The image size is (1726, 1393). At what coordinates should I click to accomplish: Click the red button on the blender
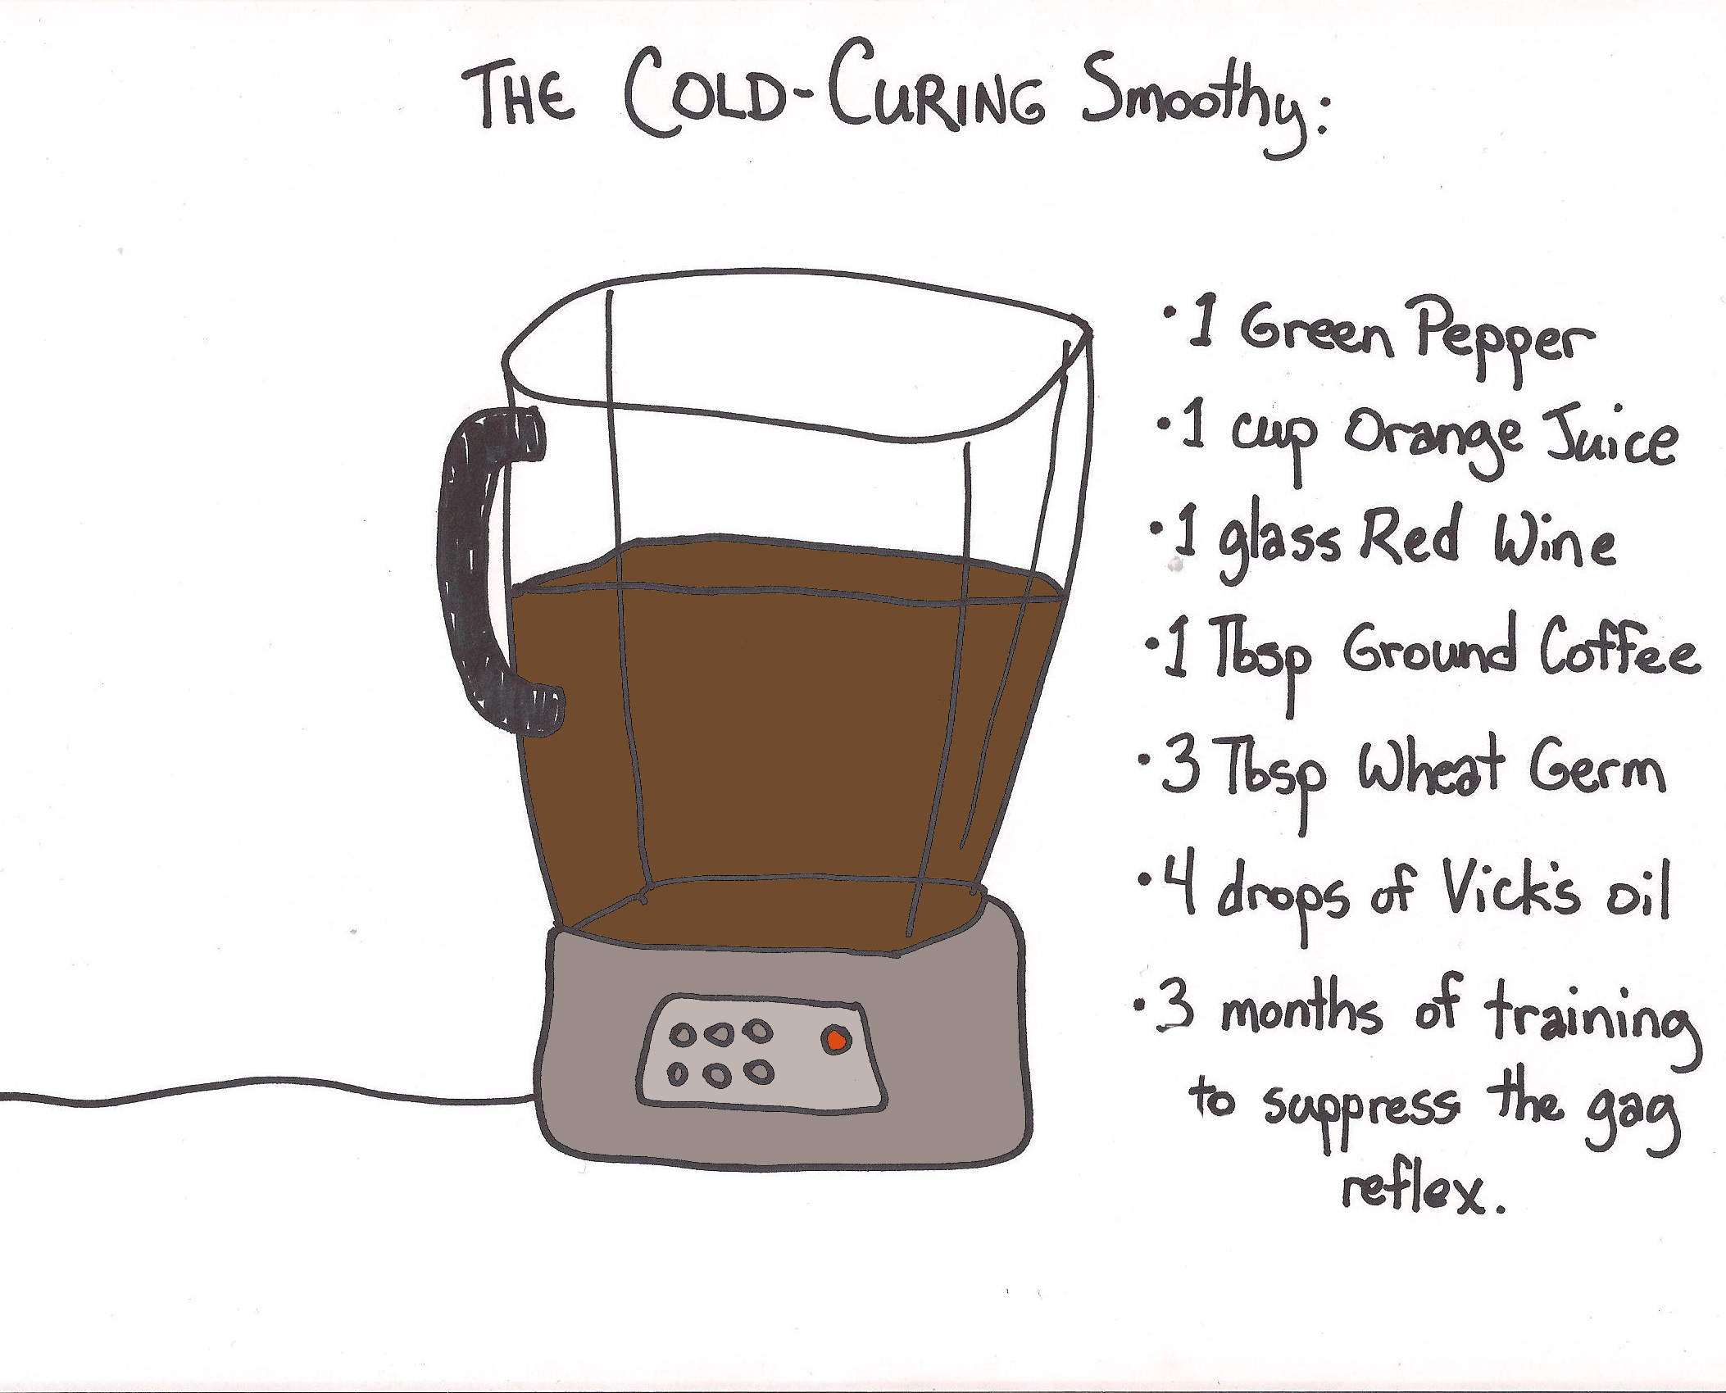click(x=836, y=1040)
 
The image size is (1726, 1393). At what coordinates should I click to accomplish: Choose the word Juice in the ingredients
click(x=1610, y=437)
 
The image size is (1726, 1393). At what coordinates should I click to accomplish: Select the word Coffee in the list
click(x=1619, y=647)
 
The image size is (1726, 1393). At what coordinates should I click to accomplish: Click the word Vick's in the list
click(x=1510, y=888)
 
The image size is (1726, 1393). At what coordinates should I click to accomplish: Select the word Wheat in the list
click(x=1431, y=767)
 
